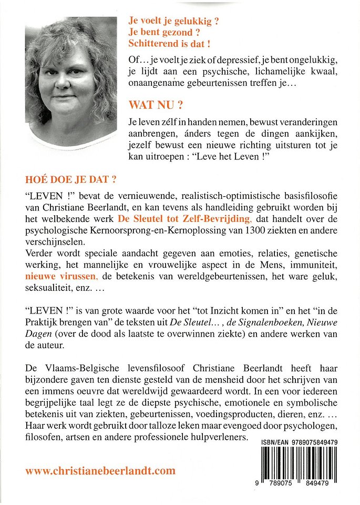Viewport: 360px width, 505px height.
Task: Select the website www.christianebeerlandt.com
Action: pos(100,471)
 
